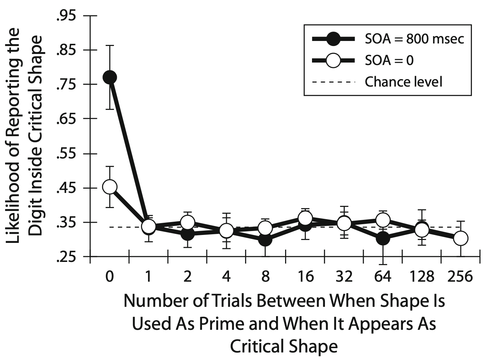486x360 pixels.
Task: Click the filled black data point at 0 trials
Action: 110,77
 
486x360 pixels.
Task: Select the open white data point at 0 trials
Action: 110,187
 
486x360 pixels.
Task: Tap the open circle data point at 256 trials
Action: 460,238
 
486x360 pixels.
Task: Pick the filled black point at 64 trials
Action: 383,238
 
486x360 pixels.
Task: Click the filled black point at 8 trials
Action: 265,239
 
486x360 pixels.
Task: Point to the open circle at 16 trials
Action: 305,218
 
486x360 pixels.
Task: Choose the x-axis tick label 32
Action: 344,277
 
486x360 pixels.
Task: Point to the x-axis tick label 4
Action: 226,277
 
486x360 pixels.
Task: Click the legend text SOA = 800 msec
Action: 414,39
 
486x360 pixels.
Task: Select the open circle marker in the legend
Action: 334,60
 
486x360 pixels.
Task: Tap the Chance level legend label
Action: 403,82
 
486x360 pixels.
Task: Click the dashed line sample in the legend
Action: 334,82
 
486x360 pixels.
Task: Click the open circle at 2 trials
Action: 187,222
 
